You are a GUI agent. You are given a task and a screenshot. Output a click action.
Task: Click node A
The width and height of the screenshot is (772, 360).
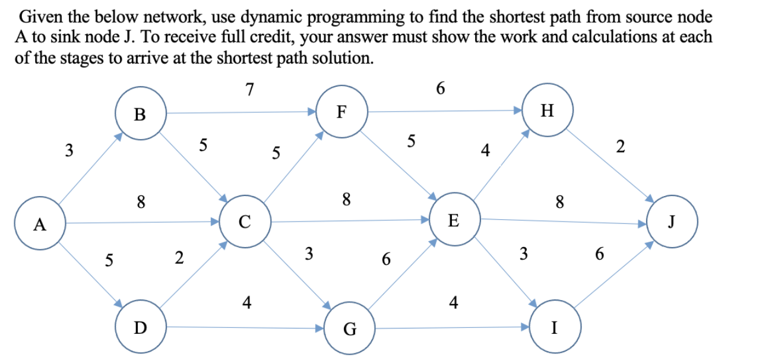coord(40,225)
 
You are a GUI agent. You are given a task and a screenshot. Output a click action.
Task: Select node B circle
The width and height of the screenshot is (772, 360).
coord(140,114)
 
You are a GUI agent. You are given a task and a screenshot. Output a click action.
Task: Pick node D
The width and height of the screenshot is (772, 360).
coord(140,327)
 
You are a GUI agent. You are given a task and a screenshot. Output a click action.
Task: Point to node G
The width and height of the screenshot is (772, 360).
coord(350,329)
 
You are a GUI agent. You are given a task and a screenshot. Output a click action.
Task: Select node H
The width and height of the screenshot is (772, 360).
coord(548,110)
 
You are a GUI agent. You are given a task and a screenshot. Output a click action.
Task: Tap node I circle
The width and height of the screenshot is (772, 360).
coord(554,327)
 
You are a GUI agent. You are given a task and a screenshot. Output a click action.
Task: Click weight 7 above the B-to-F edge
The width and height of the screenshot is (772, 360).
coord(250,90)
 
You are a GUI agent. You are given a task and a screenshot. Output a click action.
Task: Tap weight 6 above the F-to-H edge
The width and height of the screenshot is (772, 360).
coord(439,89)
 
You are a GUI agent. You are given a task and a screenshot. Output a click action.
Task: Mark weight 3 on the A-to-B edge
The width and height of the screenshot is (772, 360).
coord(69,150)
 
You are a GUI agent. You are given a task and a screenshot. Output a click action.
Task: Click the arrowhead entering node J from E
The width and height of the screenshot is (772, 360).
coord(643,225)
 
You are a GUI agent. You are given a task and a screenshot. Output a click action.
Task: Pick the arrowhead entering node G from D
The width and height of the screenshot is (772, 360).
coord(319,327)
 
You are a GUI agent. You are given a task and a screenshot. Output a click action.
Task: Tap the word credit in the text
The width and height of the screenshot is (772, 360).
coord(254,37)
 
